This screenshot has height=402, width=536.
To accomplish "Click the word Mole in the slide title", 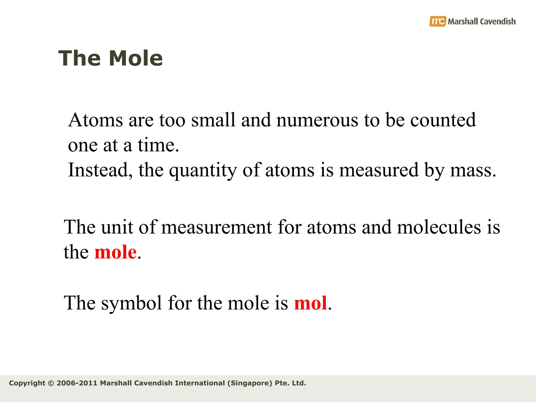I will pos(136,58).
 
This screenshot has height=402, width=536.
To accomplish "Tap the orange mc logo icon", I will pos(437,21).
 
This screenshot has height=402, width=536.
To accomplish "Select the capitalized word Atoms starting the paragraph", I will pos(96,120).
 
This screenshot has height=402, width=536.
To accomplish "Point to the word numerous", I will pos(317,120).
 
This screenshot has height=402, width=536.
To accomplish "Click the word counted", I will pos(443,120).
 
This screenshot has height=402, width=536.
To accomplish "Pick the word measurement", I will pos(216,227).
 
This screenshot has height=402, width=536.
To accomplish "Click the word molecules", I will pos(439,227).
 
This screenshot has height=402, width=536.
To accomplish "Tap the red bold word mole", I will pos(115,252).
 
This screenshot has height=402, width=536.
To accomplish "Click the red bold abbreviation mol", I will pos(310,303).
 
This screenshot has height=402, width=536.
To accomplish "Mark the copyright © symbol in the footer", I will pos(51,383).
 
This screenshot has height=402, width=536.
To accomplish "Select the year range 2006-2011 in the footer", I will pos(77,383).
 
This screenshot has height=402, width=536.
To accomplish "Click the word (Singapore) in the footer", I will pos(250,383).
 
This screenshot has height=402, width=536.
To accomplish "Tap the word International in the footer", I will pos(200,383).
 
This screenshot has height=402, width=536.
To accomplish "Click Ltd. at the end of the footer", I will pos(299,383).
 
